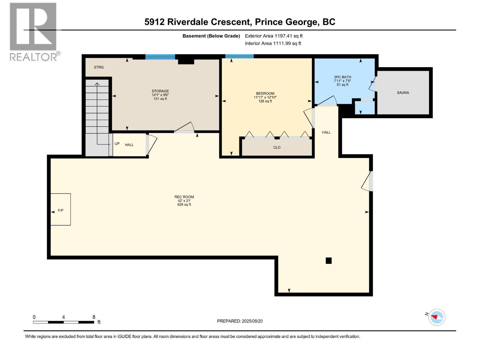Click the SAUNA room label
[403, 93]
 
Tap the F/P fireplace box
[61, 209]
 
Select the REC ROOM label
[184, 197]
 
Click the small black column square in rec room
[328, 260]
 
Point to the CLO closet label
[277, 148]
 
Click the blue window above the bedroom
[239, 56]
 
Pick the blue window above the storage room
[160, 57]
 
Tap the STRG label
[99, 67]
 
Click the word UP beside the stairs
[117, 144]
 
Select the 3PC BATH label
[343, 77]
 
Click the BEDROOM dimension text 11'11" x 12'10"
[265, 97]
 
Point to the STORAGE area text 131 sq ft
[160, 99]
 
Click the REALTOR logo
[34, 32]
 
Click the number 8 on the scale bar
[94, 317]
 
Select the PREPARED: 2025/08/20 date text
[240, 321]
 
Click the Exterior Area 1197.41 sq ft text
[274, 36]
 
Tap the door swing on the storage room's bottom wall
[184, 128]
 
